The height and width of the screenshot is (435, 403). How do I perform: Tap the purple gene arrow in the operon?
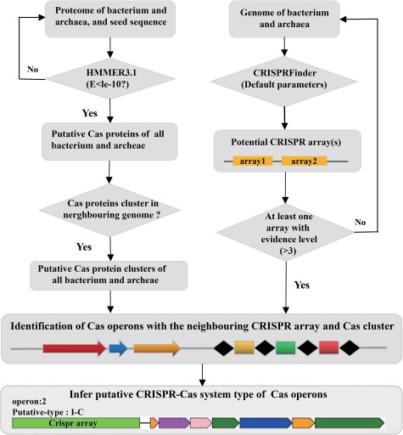tap(173, 421)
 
